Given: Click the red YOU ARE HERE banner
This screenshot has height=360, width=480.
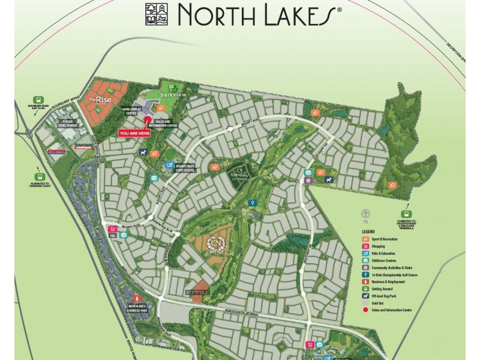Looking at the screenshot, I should click(135, 134).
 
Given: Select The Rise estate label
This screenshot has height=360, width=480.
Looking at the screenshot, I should click(97, 99).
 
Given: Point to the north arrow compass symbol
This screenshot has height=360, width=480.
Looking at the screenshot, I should click(364, 213).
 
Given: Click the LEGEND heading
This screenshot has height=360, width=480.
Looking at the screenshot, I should click(368, 231).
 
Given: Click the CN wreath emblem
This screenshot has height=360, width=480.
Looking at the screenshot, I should click(214, 244).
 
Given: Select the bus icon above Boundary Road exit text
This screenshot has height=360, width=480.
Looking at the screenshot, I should click(37, 101).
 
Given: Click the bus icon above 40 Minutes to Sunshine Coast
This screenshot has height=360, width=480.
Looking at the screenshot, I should click(32, 172).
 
